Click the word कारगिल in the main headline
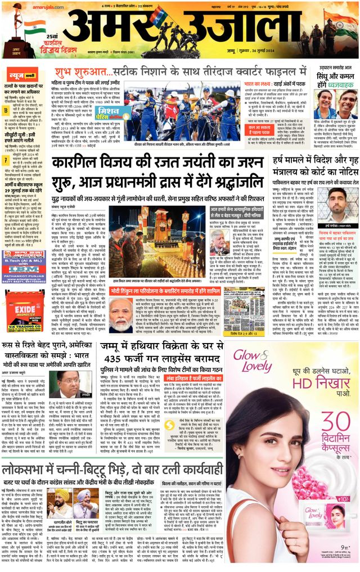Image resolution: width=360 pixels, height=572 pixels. [x=81, y=164]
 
